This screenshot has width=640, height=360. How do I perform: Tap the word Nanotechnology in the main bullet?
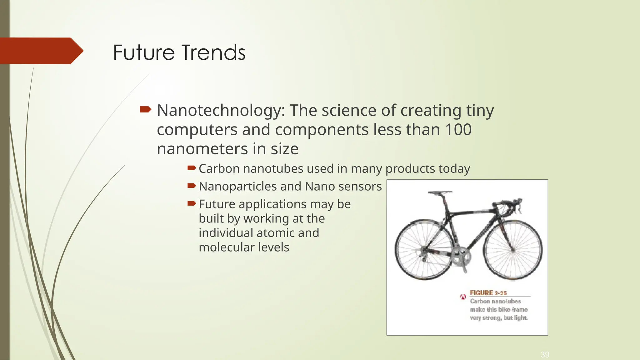coord(221,111)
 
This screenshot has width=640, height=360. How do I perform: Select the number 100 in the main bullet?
coord(458,129)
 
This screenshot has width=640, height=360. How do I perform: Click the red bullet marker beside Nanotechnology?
coord(145,109)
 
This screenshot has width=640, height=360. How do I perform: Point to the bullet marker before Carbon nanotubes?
coord(191,168)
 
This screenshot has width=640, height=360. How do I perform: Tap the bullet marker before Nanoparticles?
coord(191,186)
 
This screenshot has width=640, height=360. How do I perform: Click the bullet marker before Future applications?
coord(191,204)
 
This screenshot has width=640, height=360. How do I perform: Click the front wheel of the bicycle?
coord(513,250)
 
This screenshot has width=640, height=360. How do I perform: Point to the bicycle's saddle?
coord(440,192)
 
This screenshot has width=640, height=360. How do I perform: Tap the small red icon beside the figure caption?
coord(463,297)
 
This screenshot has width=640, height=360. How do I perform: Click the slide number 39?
coord(545,354)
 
